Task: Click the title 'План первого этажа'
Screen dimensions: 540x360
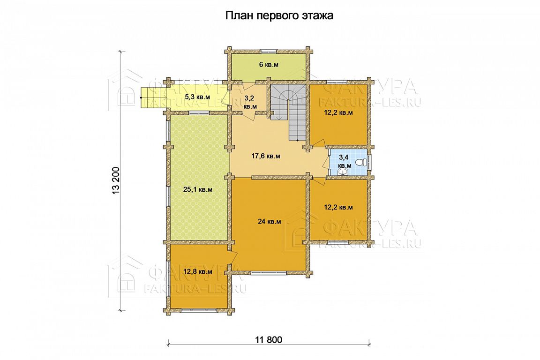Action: click(x=279, y=16)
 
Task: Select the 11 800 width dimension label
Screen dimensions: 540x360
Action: click(x=269, y=340)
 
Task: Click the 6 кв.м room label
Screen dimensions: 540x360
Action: click(x=268, y=64)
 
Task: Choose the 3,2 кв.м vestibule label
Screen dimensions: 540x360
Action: click(x=250, y=102)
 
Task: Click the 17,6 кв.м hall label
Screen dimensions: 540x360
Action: click(x=265, y=156)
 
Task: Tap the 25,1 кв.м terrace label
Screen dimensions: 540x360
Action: click(x=198, y=189)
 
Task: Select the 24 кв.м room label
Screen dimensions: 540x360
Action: click(x=270, y=222)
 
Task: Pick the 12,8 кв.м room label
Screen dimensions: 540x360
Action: click(x=198, y=271)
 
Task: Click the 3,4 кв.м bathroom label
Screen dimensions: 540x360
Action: click(x=345, y=161)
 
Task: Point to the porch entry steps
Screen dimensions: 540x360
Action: click(x=151, y=97)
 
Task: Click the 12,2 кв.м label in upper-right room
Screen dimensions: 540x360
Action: click(x=338, y=112)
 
